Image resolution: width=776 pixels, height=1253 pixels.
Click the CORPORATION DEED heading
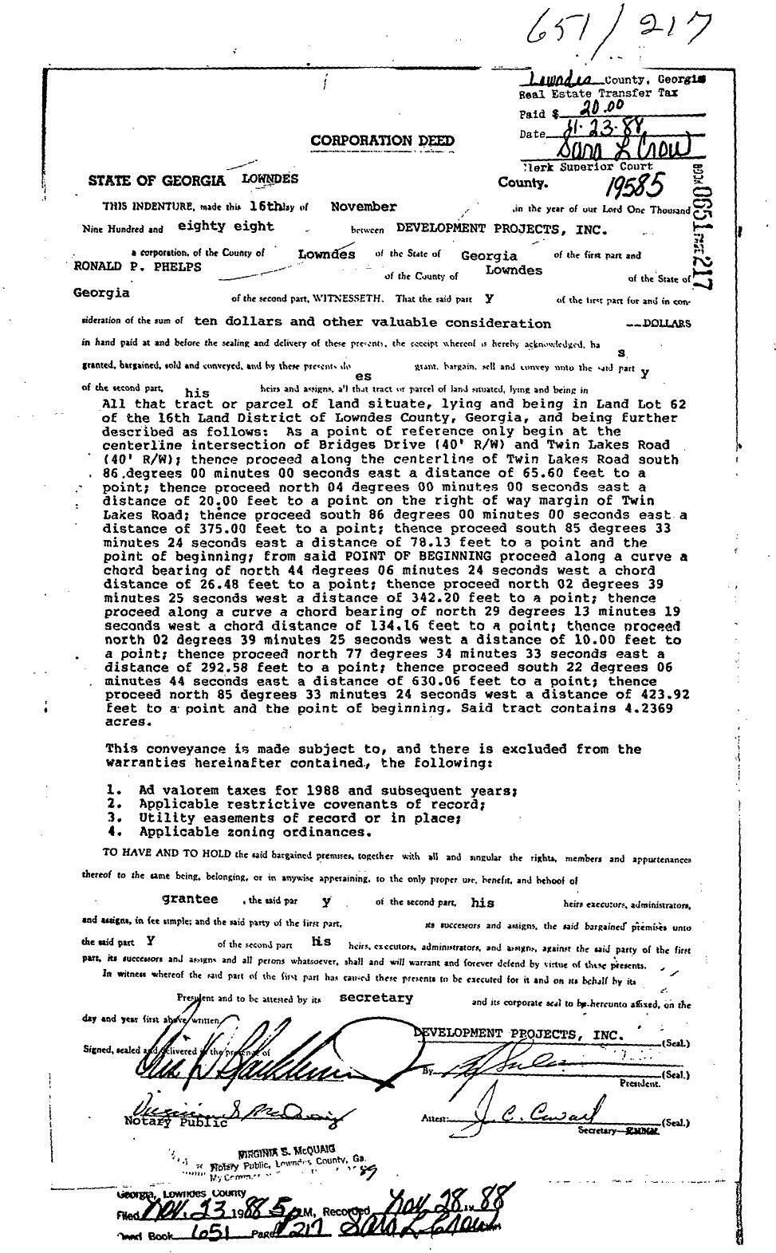point(382,141)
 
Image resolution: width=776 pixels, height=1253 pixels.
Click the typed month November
point(364,207)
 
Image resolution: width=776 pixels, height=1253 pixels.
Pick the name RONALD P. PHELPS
point(137,266)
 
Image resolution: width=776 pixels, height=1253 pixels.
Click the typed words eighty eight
point(225,227)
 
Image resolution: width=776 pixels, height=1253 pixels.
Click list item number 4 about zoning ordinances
point(239,832)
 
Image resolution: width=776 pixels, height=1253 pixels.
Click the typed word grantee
point(190,898)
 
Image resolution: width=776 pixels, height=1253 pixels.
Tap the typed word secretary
point(376,997)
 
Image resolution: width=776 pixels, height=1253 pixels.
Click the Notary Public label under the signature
point(175,1122)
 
